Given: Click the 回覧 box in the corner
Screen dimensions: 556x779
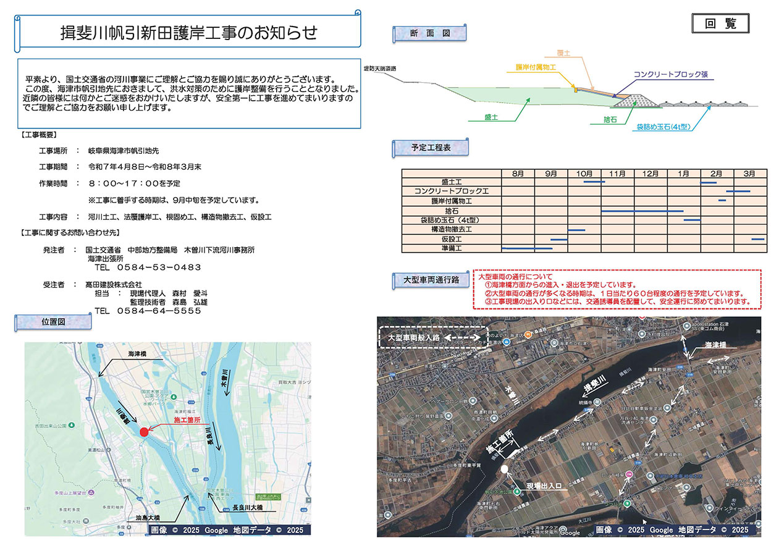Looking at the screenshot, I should click(722, 23).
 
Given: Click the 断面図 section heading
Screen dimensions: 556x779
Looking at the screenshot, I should click(429, 34).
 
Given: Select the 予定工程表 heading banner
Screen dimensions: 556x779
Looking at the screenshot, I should click(430, 148).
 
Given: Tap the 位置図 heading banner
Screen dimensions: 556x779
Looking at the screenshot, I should click(53, 321).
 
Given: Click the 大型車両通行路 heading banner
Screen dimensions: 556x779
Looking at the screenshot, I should click(431, 280).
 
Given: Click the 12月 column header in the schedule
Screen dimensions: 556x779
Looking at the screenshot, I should click(651, 174).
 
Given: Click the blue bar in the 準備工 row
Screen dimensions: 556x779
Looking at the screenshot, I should click(527, 248).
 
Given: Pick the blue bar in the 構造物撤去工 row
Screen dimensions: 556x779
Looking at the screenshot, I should click(576, 230).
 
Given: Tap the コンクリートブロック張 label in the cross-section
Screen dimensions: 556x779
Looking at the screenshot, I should click(670, 75).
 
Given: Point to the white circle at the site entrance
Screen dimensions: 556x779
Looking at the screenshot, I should click(505, 470).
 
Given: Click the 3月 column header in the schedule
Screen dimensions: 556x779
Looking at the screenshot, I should click(749, 174).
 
